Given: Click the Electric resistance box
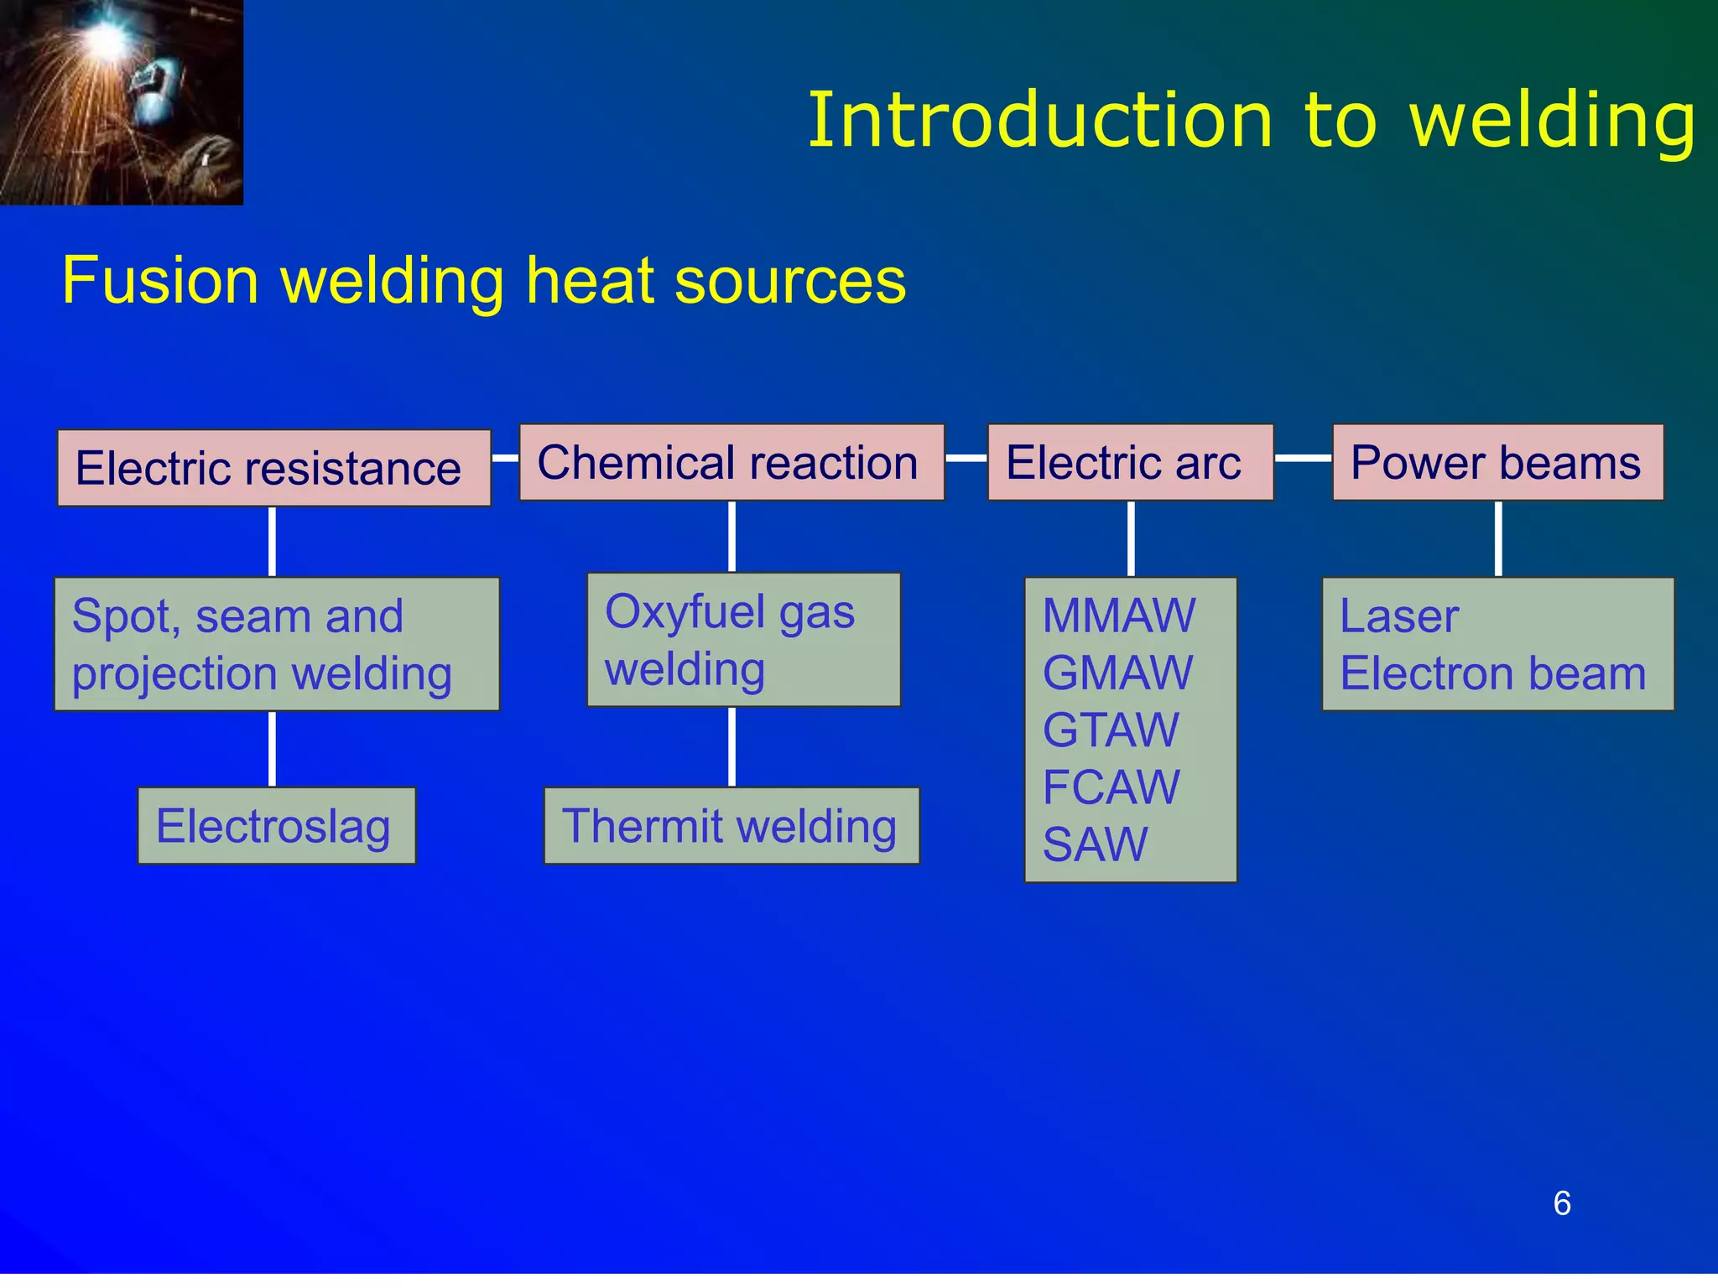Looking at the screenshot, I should pyautogui.click(x=273, y=468).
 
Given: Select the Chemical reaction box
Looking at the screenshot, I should pyautogui.click(x=731, y=463).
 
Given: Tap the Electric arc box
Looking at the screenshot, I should pyautogui.click(x=1130, y=463).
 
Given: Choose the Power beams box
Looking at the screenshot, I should pyautogui.click(x=1497, y=463).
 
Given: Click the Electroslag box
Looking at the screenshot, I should pyautogui.click(x=276, y=826).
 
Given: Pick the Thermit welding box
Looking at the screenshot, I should pyautogui.click(x=731, y=826).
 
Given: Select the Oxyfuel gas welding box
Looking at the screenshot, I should pyautogui.click(x=743, y=640).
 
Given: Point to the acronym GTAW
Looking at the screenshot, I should pyautogui.click(x=1111, y=730).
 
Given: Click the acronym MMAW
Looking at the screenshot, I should pyautogui.click(x=1119, y=615).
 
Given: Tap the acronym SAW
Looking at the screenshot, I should pyautogui.click(x=1095, y=844).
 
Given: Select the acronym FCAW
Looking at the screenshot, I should pyautogui.click(x=1111, y=787).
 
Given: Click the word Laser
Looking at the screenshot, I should pyautogui.click(x=1399, y=616).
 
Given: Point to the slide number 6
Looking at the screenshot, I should pyautogui.click(x=1561, y=1203).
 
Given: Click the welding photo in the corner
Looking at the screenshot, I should pyautogui.click(x=121, y=101).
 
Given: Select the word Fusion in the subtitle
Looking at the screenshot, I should pyautogui.click(x=160, y=281).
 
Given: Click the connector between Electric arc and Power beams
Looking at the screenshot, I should pyautogui.click(x=1303, y=458).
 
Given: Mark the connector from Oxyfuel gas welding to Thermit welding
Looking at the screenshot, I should pyautogui.click(x=731, y=746).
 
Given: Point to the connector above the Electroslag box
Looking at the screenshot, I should pyautogui.click(x=272, y=749).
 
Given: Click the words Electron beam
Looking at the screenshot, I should pyautogui.click(x=1493, y=673).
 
